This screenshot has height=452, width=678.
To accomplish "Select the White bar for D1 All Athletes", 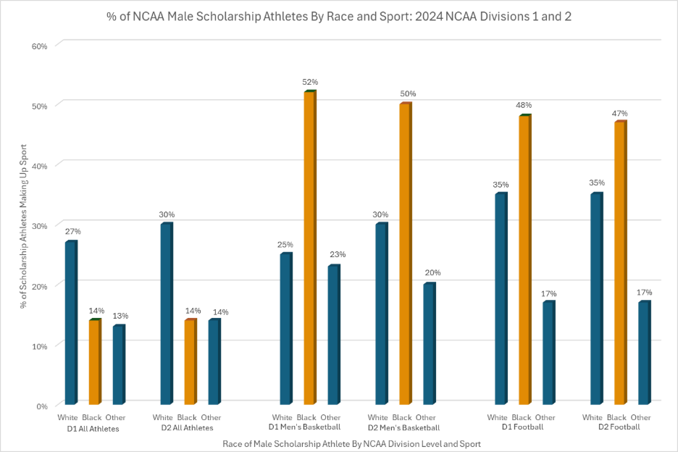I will click(x=70, y=322).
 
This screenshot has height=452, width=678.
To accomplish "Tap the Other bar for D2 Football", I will click(x=644, y=353).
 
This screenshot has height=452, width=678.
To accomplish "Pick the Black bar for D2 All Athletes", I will click(x=190, y=361).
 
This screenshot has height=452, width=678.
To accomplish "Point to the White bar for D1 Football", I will click(x=501, y=298).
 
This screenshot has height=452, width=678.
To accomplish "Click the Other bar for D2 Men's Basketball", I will click(x=429, y=343).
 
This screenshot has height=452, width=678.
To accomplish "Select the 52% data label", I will click(x=310, y=83).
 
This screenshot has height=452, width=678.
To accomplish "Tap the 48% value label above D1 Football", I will click(x=524, y=105).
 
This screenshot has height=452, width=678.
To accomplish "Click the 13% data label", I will click(x=120, y=316).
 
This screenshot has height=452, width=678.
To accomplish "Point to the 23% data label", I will click(x=337, y=254).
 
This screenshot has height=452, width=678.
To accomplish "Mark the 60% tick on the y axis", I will click(x=39, y=46).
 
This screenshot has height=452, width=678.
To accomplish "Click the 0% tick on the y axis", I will click(x=41, y=406).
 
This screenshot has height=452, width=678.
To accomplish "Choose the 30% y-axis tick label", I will click(x=39, y=226).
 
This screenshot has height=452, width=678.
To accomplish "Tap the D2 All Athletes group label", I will click(x=187, y=428).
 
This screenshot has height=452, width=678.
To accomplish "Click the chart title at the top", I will click(x=338, y=16).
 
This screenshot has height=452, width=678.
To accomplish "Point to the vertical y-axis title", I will click(x=25, y=225).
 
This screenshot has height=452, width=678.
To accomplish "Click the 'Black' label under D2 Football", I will click(x=616, y=417).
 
